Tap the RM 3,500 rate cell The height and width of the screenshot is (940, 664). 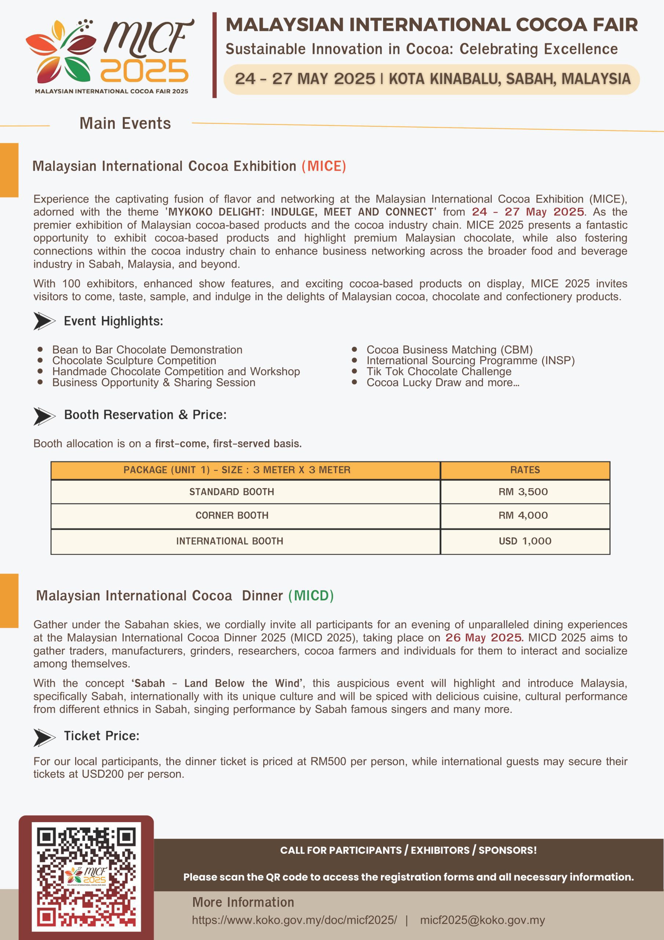point(523,492)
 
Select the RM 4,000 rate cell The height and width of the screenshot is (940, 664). point(523,516)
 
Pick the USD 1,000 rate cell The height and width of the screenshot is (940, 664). point(525,541)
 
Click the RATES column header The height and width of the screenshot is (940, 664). point(525,470)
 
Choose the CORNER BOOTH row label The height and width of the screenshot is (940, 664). point(232,516)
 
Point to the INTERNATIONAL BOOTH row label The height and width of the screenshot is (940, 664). point(230,541)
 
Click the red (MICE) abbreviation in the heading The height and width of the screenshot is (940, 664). point(324,166)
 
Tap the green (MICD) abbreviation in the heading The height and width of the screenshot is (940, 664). point(311,596)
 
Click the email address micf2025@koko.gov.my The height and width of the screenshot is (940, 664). point(482,920)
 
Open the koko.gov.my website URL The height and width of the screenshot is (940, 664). point(294,920)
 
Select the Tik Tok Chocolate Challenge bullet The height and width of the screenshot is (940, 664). point(439,371)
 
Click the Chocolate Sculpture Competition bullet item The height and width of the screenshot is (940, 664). point(134,360)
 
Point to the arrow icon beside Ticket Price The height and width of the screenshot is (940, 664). point(44,737)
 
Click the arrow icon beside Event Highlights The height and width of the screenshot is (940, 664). point(44,321)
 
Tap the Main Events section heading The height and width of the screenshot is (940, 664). point(125,123)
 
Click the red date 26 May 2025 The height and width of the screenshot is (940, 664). point(484,637)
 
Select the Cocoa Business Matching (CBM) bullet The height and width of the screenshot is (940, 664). point(449,350)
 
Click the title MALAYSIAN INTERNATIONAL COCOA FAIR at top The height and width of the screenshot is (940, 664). point(432,25)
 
